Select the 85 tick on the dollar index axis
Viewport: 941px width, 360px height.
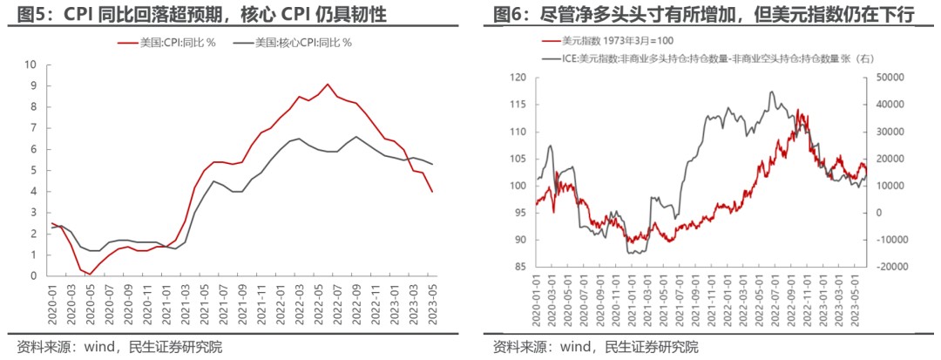[519, 266]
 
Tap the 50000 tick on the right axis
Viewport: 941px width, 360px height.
[890, 78]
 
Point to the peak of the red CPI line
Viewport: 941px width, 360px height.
[327, 85]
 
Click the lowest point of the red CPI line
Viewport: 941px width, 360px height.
[91, 274]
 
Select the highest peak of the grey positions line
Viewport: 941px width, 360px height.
[771, 92]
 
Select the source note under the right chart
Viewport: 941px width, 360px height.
[595, 347]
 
